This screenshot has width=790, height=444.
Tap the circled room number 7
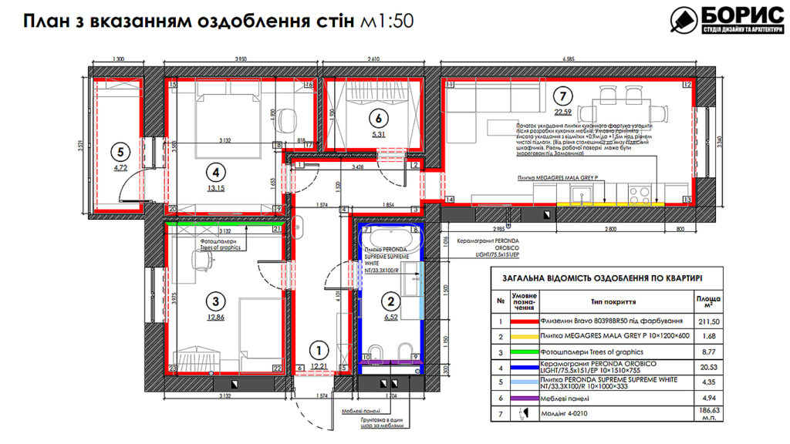[x=564, y=97]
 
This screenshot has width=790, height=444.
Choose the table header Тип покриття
[x=614, y=303]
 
